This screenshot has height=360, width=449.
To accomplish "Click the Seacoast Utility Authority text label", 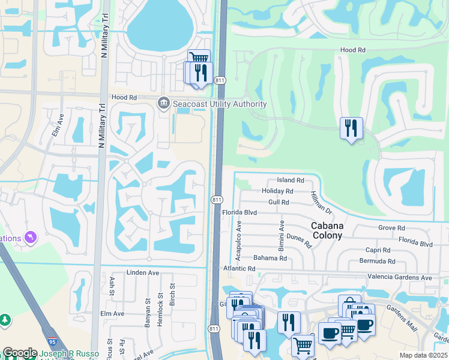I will (x=220, y=104).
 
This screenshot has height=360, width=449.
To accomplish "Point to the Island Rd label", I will (x=291, y=180).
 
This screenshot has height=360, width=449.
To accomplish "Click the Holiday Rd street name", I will (x=277, y=191).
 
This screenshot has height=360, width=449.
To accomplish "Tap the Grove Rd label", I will (x=392, y=228).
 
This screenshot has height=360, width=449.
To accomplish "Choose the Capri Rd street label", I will (x=378, y=250).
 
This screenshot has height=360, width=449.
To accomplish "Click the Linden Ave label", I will (x=143, y=272).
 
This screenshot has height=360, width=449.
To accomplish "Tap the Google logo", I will (x=20, y=353).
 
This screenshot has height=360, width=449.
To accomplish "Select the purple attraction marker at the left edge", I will (x=30, y=238).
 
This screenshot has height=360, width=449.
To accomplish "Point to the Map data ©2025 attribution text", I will (x=423, y=355).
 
